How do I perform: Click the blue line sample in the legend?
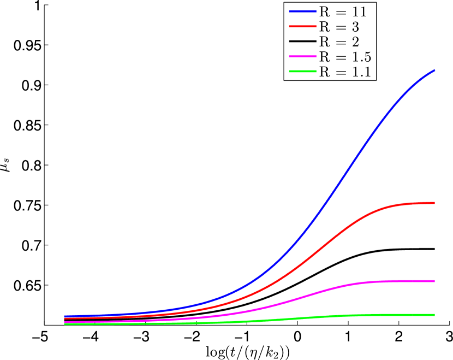[x=301, y=12]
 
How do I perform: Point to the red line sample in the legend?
[x=301, y=27]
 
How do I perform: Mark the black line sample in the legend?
[x=301, y=42]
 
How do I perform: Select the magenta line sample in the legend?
[x=301, y=56]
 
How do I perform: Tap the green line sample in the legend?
[x=301, y=71]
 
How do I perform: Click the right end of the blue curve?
[x=434, y=70]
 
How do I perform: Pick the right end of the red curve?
[x=434, y=203]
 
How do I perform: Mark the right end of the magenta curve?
[x=434, y=281]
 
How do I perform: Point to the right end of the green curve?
[x=434, y=315]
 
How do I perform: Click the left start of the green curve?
[x=65, y=324]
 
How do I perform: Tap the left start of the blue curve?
[x=65, y=316]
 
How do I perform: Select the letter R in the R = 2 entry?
[x=323, y=42]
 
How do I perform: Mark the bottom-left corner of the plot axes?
[x=44, y=325]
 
